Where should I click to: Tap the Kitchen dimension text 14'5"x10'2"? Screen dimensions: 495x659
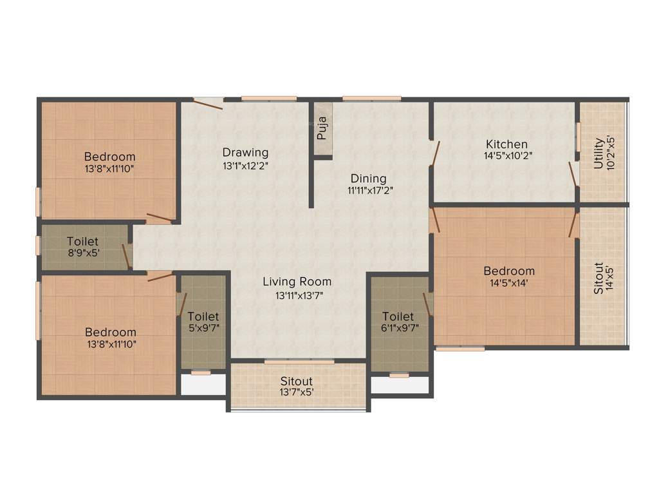click(508, 155)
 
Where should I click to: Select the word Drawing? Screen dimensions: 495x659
click(245, 153)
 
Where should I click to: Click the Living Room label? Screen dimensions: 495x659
click(297, 282)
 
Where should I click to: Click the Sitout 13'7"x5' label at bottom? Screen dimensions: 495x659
click(297, 387)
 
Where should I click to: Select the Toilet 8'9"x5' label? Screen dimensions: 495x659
click(82, 247)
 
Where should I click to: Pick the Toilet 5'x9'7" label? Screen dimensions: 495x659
click(203, 322)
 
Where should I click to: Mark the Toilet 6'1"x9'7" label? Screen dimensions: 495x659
click(398, 322)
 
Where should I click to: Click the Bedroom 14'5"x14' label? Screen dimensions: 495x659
click(509, 277)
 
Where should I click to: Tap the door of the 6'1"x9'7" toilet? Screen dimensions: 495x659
click(427, 304)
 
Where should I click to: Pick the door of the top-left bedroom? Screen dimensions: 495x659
click(159, 217)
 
